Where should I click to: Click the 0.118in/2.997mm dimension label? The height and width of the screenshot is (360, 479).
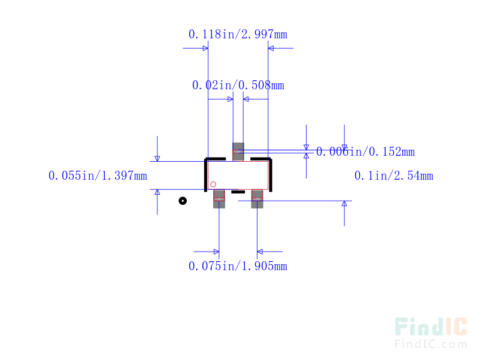pos(238,34)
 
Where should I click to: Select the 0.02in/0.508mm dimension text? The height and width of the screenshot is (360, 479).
pos(238,85)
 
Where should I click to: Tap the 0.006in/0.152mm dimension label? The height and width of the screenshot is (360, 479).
pos(365,152)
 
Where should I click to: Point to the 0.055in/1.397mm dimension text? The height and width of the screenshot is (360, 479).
pos(98,176)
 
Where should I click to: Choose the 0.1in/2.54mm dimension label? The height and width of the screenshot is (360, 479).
pos(394,176)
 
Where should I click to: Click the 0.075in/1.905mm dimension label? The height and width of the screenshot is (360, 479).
pos(238,266)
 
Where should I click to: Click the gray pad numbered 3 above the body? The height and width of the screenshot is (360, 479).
pos(238,152)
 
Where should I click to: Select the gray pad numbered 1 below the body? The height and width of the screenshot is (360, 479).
pos(219,199)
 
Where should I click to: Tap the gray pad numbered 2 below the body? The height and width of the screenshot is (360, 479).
pos(257,199)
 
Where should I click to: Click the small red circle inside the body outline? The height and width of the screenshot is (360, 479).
pos(213,184)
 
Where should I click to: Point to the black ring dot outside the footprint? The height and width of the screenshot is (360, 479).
pos(183,201)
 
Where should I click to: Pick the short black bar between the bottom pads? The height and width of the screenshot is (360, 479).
pos(238,192)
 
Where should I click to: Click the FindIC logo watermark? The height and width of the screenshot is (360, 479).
pos(431,326)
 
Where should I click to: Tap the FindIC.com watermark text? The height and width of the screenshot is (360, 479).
pos(431,344)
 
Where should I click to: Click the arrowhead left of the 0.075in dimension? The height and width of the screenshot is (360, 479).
pos(216,252)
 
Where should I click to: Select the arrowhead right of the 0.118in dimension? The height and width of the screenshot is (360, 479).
pos(271,48)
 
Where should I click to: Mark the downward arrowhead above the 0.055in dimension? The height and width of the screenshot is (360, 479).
pos(157,159)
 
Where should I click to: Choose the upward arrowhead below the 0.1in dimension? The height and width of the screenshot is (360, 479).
pos(344,204)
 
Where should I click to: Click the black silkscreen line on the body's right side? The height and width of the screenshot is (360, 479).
pos(271,175)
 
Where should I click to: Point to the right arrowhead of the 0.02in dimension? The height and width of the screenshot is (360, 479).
pos(246,99)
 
